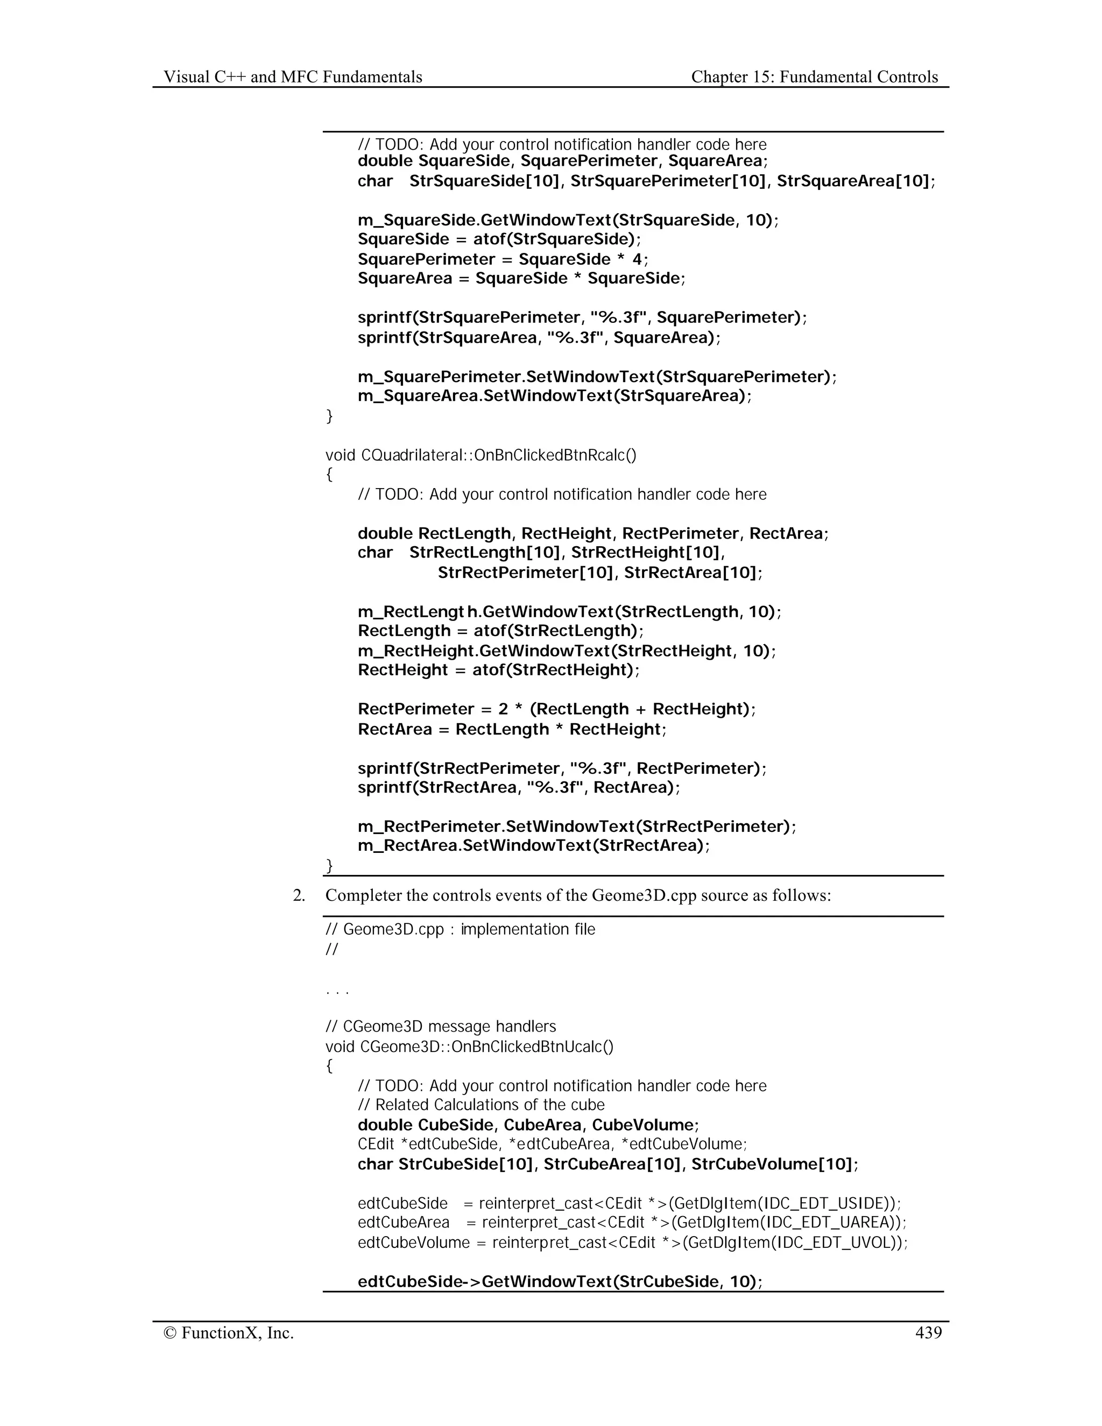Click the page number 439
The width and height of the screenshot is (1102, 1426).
928,1332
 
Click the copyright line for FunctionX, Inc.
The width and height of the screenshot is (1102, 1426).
229,1332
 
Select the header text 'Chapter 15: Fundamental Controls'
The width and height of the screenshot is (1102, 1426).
814,77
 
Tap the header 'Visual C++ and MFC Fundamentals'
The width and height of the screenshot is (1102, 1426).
293,77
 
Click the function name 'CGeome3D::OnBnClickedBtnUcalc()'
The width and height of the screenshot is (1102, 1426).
487,1047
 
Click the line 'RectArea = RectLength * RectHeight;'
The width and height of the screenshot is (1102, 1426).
512,729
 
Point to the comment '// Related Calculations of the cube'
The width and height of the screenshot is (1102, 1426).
481,1105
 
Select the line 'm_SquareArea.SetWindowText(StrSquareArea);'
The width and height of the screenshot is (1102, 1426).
554,396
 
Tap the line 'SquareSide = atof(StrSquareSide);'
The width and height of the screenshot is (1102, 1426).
499,239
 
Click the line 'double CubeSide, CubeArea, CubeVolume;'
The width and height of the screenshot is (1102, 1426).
528,1125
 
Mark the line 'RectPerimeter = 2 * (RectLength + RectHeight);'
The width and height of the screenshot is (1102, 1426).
556,709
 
